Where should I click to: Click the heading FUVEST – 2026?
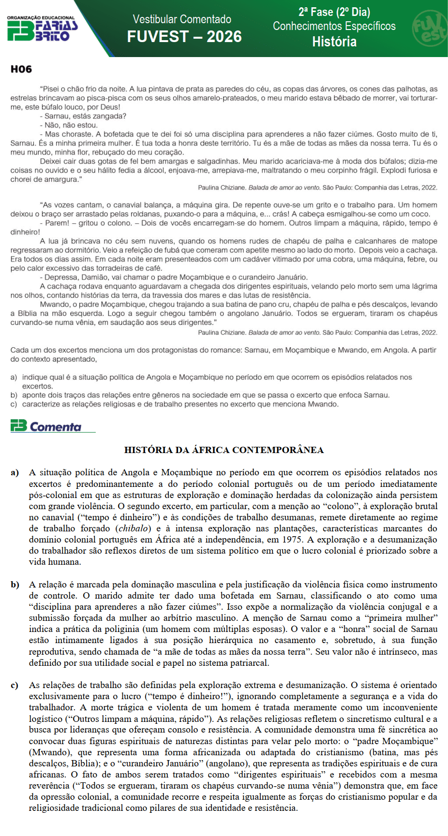[x=184, y=37]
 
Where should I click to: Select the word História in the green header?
[x=334, y=42]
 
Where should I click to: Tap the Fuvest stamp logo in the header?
[x=429, y=29]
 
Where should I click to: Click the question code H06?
[x=21, y=70]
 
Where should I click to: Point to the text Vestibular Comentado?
[x=182, y=19]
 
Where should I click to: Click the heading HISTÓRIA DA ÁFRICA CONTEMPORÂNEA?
[x=224, y=450]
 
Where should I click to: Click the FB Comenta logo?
[x=46, y=426]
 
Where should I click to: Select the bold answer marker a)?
[x=15, y=472]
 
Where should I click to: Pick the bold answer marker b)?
[x=15, y=585]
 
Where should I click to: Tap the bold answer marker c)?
[x=15, y=685]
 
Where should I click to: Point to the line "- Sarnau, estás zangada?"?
[x=83, y=116]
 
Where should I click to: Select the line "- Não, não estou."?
[x=69, y=125]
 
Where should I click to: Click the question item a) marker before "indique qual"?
[x=14, y=377]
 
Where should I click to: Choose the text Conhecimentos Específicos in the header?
[x=334, y=26]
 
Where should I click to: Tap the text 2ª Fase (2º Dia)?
[x=334, y=12]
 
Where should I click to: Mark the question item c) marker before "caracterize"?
[x=14, y=404]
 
